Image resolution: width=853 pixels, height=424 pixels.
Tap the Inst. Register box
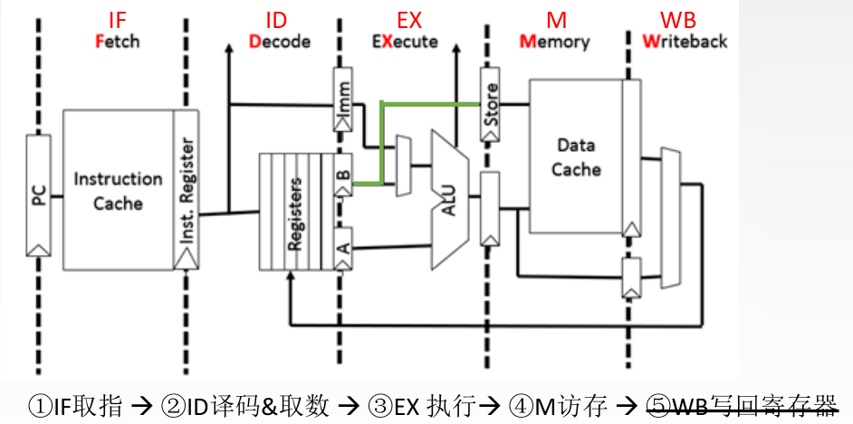click(x=187, y=190)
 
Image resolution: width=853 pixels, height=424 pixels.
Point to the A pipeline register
click(x=343, y=245)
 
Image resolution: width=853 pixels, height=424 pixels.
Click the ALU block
click(x=450, y=199)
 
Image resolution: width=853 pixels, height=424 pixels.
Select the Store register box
click(x=490, y=107)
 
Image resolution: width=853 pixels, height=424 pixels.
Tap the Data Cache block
click(x=576, y=155)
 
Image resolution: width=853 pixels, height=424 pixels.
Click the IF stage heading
click(x=119, y=20)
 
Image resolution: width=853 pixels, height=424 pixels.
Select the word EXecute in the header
click(x=405, y=42)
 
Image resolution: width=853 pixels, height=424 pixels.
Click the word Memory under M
click(x=554, y=42)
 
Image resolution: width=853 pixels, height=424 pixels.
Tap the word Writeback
click(x=685, y=42)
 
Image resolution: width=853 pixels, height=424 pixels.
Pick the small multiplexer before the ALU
click(x=403, y=165)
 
